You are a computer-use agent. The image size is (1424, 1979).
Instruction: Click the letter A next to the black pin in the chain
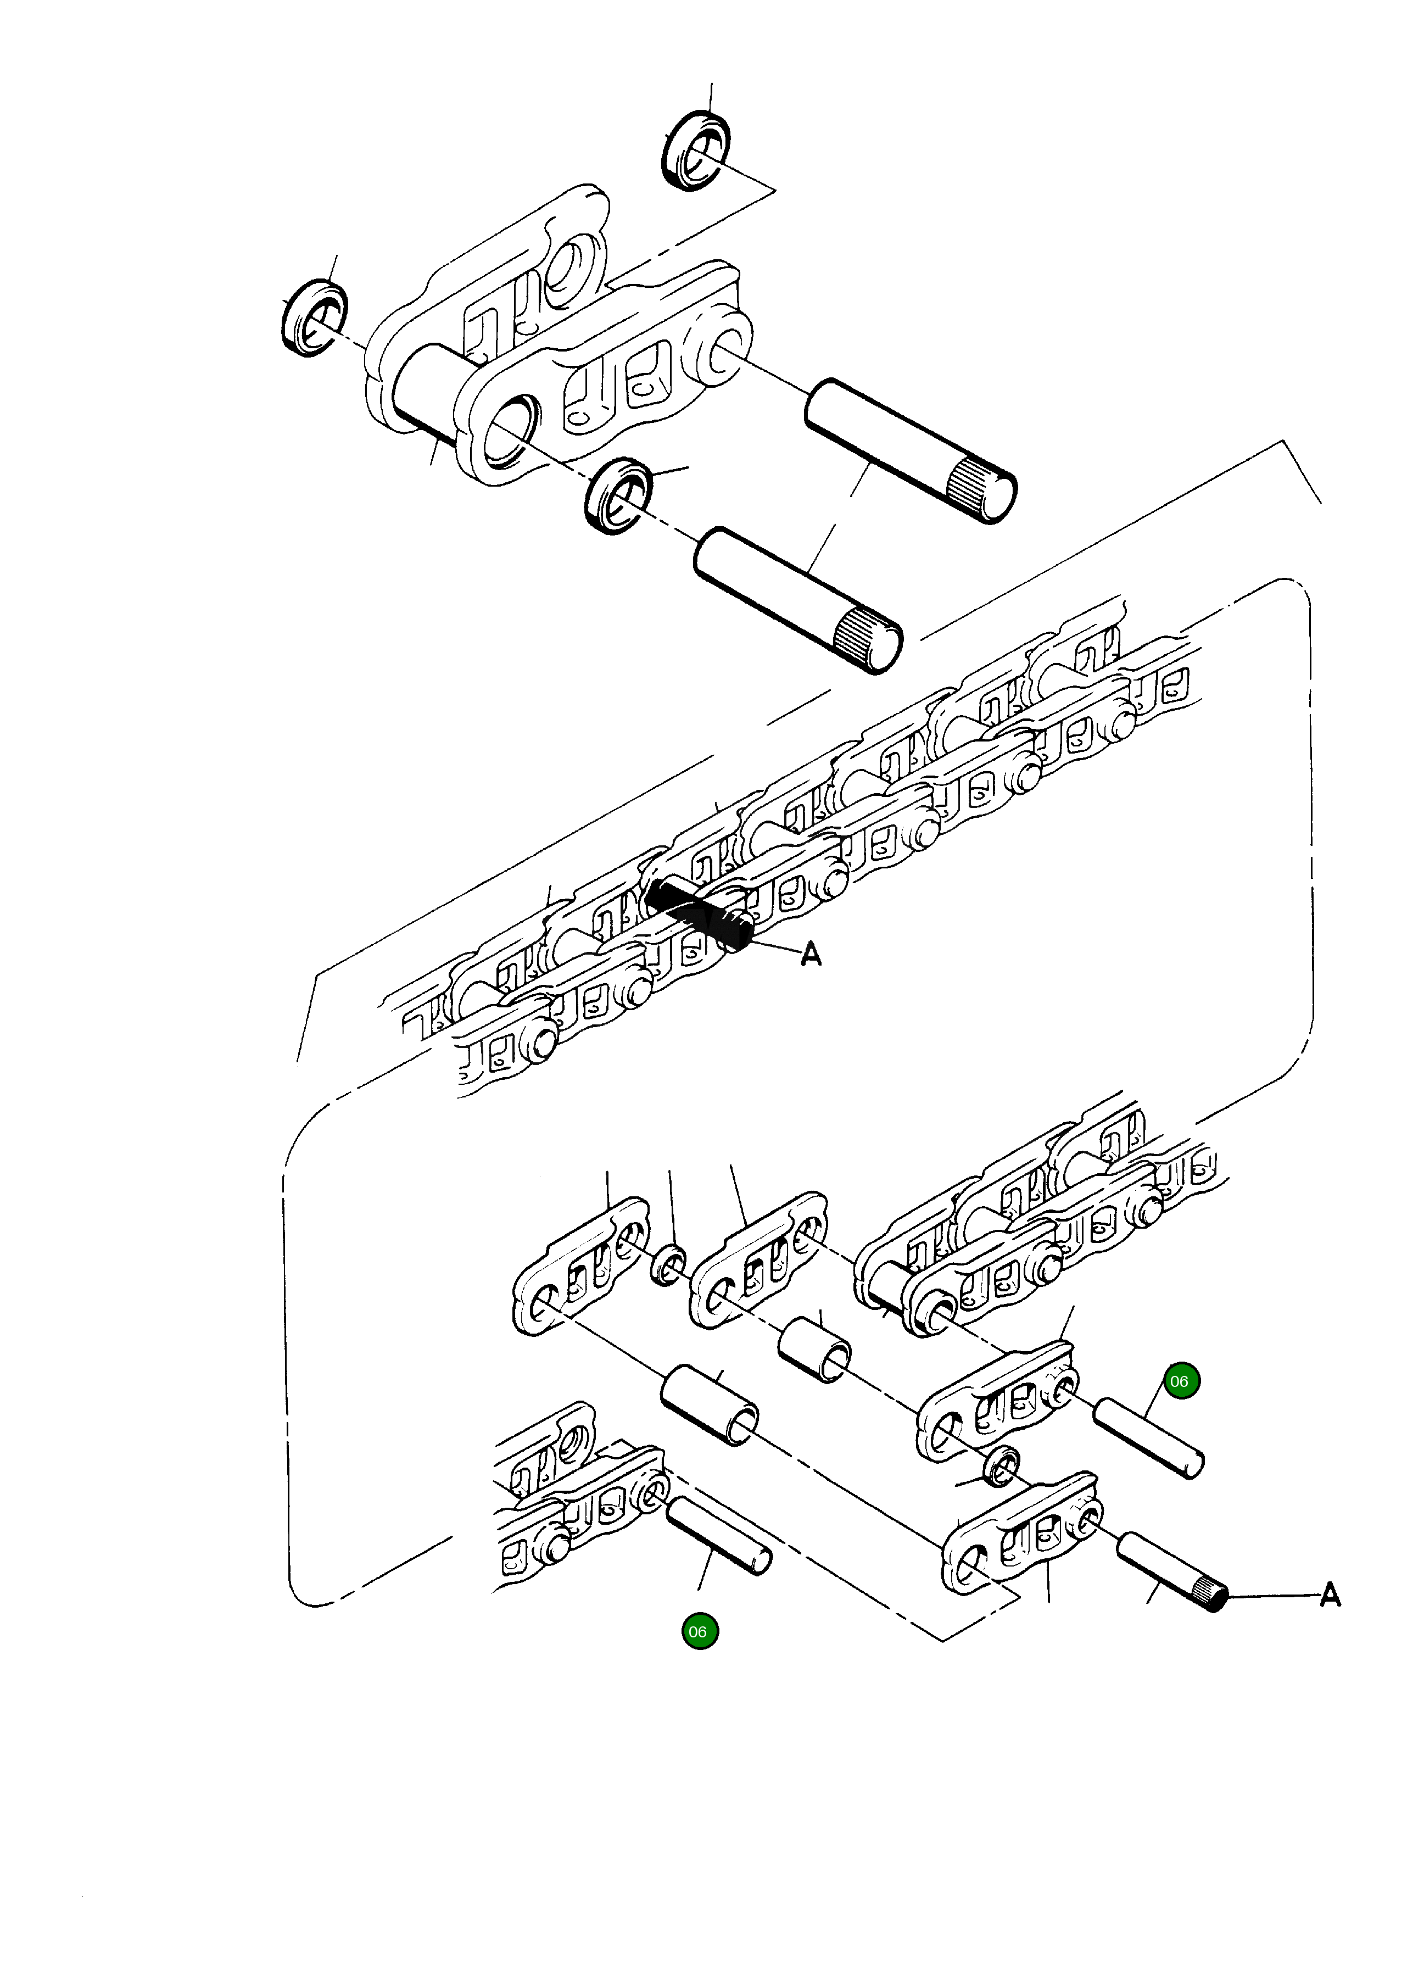coord(812,956)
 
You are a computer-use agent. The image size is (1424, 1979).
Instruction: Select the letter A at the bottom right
coord(1330,1595)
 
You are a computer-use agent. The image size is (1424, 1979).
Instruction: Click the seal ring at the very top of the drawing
coord(696,149)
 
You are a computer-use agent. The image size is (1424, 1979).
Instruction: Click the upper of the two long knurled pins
coord(909,450)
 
